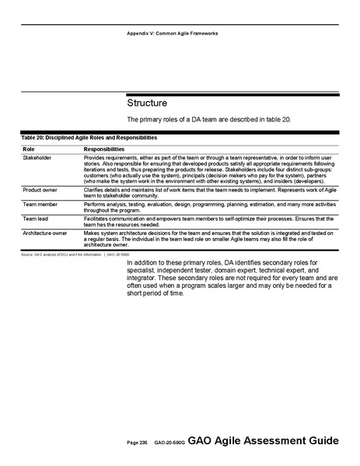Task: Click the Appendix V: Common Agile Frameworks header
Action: (173, 33)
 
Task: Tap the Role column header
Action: (28, 148)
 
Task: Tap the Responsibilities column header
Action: (103, 148)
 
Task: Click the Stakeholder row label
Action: (37, 157)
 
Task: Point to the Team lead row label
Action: (36, 218)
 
